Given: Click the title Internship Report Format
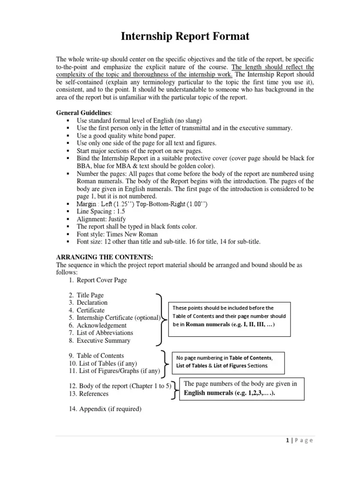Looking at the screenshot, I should click(185, 37).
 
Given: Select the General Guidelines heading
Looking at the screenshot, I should click(84, 112).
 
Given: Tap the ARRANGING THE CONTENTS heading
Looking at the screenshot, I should click(104, 257).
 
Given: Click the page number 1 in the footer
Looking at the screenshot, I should click(287, 440).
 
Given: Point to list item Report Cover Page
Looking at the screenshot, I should click(101, 280).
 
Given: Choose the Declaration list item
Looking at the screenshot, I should click(92, 302).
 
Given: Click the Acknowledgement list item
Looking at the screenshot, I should click(101, 325).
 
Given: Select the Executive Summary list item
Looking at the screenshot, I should click(103, 340).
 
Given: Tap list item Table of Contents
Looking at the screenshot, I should click(100, 355).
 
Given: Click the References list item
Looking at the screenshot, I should click(94, 393).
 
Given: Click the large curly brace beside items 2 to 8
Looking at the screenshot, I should click(160, 318).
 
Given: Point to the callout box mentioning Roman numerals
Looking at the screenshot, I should click(229, 316).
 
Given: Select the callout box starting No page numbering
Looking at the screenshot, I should click(228, 362).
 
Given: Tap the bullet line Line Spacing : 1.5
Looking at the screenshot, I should click(101, 212).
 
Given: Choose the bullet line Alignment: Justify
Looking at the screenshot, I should click(101, 219).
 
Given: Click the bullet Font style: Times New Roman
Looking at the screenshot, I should click(117, 234).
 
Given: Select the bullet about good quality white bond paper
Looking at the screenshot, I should click(126, 136).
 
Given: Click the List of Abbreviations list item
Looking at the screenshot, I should click(105, 333).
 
